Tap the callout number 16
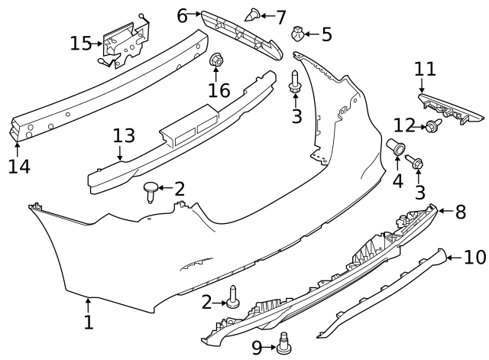tap(219, 91)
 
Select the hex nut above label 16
tap(216, 60)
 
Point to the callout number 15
tap(80, 43)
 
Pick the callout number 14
tap(18, 166)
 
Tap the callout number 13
tap(124, 137)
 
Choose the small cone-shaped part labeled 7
tap(254, 13)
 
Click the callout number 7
tap(280, 16)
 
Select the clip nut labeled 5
tap(300, 34)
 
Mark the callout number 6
tap(182, 15)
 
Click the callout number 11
tap(425, 70)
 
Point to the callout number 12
tap(404, 125)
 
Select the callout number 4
tap(397, 182)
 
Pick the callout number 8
tap(461, 212)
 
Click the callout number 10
tap(474, 258)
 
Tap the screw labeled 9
tap(284, 345)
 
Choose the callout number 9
tap(257, 348)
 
